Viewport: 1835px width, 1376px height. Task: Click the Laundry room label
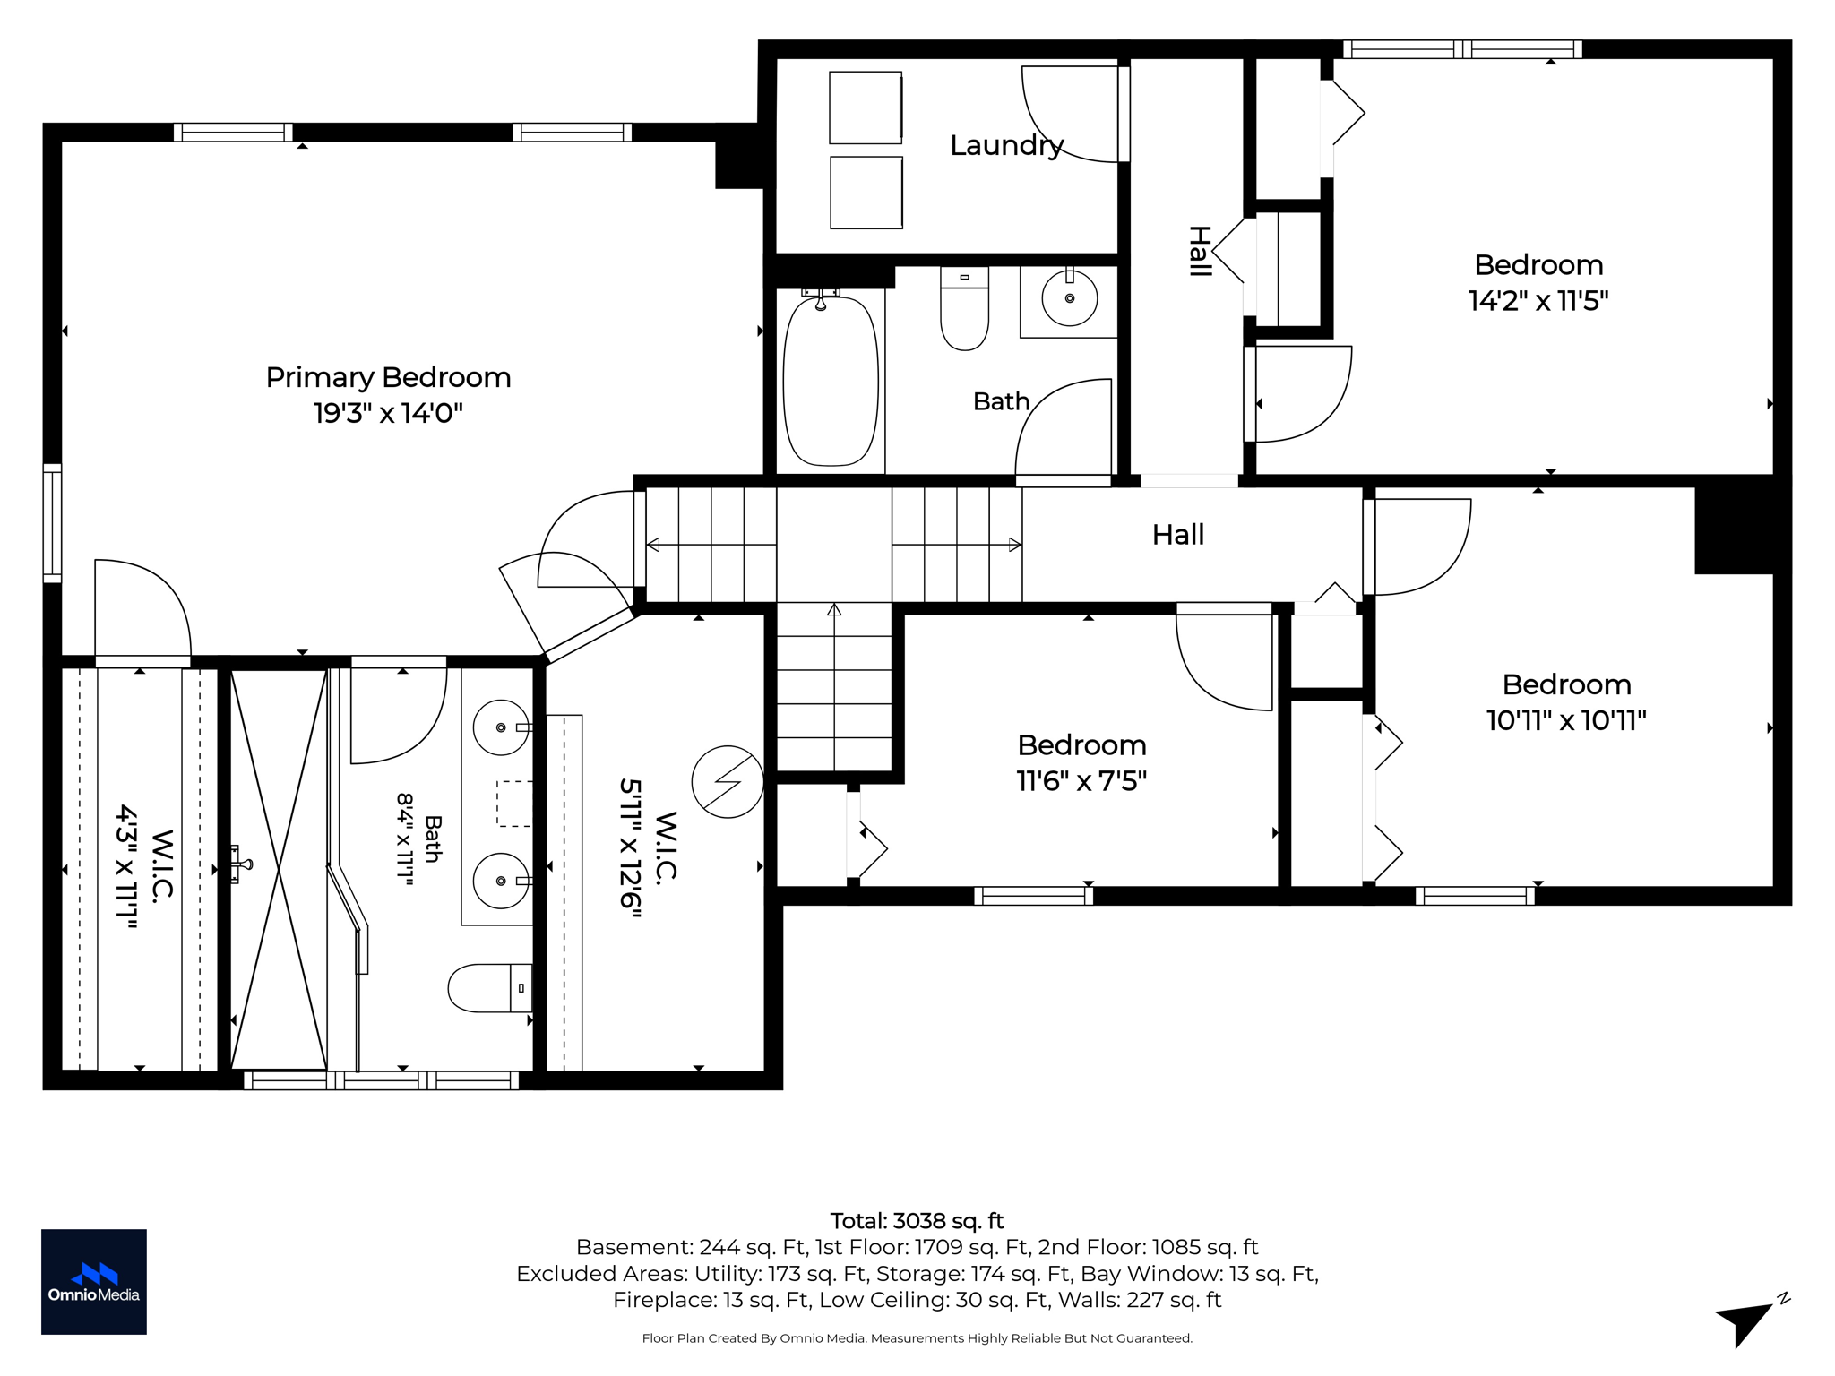[1006, 145]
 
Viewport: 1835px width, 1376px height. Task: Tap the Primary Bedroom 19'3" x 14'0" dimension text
[387, 413]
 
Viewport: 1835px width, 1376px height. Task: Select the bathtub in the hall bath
[831, 381]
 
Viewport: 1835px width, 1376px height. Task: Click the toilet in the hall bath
[964, 307]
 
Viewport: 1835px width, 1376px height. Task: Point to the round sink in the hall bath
[1069, 297]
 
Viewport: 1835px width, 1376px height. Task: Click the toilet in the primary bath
[490, 987]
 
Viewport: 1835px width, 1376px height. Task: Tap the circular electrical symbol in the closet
[728, 781]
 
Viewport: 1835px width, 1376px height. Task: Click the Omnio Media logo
[94, 1281]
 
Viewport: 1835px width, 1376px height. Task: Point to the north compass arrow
[1745, 1322]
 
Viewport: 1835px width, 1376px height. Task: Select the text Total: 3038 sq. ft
[917, 1221]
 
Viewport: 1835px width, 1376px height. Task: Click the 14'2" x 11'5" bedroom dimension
[1538, 300]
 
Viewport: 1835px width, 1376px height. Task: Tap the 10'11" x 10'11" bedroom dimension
[1566, 720]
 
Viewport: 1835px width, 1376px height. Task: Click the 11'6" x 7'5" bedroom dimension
[1081, 781]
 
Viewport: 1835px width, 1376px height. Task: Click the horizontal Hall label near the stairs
[1177, 535]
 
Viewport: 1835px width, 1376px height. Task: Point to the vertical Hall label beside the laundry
[1200, 251]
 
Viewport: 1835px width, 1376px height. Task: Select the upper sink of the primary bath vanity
[501, 727]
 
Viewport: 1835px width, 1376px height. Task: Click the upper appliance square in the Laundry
[866, 107]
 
